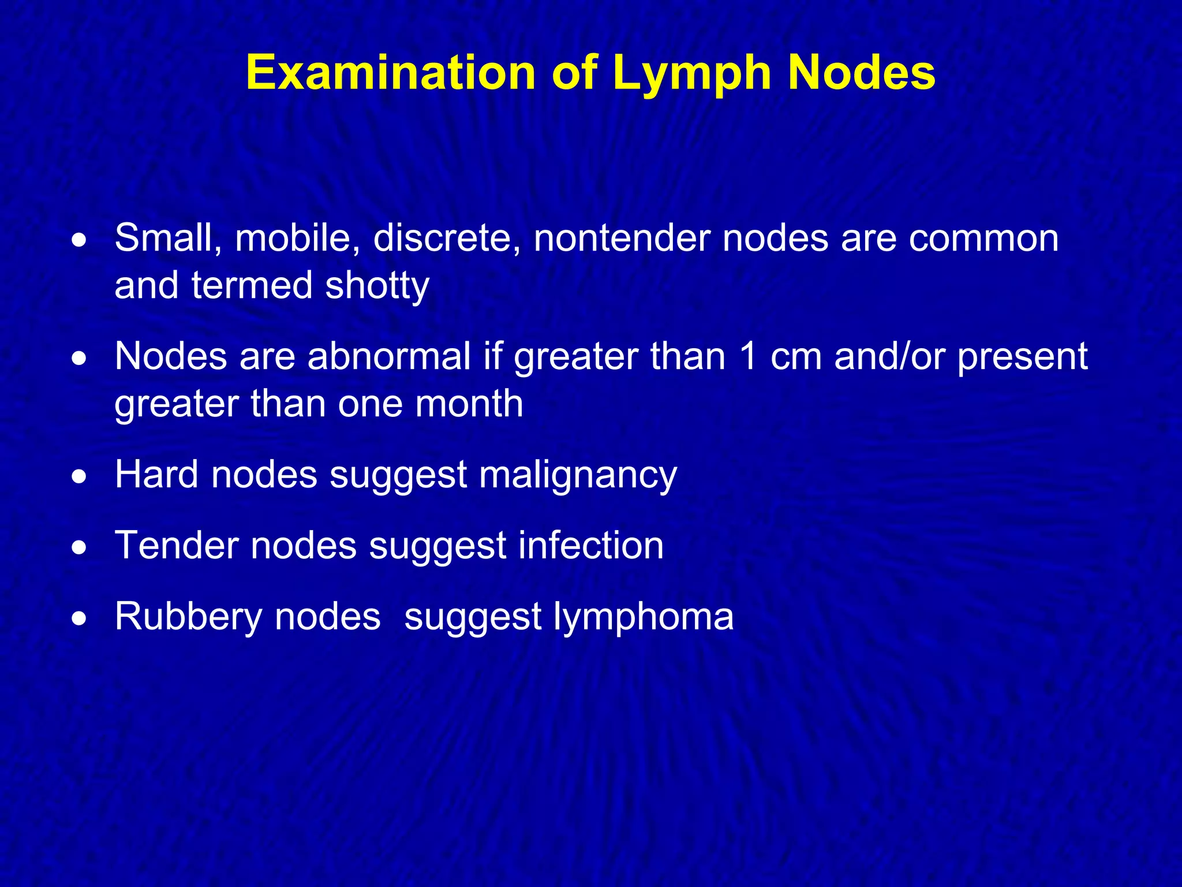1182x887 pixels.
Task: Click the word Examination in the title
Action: [x=391, y=73]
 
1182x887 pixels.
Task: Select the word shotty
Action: [x=377, y=285]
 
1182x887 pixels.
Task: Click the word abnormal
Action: [x=389, y=356]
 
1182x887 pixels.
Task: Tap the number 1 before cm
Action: [x=749, y=356]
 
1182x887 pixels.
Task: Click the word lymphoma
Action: [x=644, y=617]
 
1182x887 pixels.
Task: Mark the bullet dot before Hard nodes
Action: [x=80, y=477]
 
